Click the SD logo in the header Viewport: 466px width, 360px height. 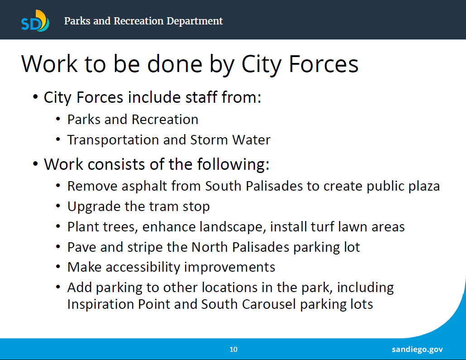(x=35, y=21)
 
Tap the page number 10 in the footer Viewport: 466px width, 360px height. (x=233, y=349)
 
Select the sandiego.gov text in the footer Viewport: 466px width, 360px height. (x=417, y=349)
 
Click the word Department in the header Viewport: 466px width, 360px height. (x=195, y=21)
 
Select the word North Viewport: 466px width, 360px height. (x=210, y=247)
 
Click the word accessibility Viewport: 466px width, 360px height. (x=143, y=267)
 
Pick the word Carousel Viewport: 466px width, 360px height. (x=269, y=304)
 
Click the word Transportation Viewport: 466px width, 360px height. (x=113, y=140)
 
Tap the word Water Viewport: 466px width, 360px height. (x=251, y=140)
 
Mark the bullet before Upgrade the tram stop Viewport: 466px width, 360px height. (x=58, y=206)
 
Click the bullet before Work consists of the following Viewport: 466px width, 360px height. (x=35, y=164)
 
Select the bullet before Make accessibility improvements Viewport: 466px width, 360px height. (x=58, y=267)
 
